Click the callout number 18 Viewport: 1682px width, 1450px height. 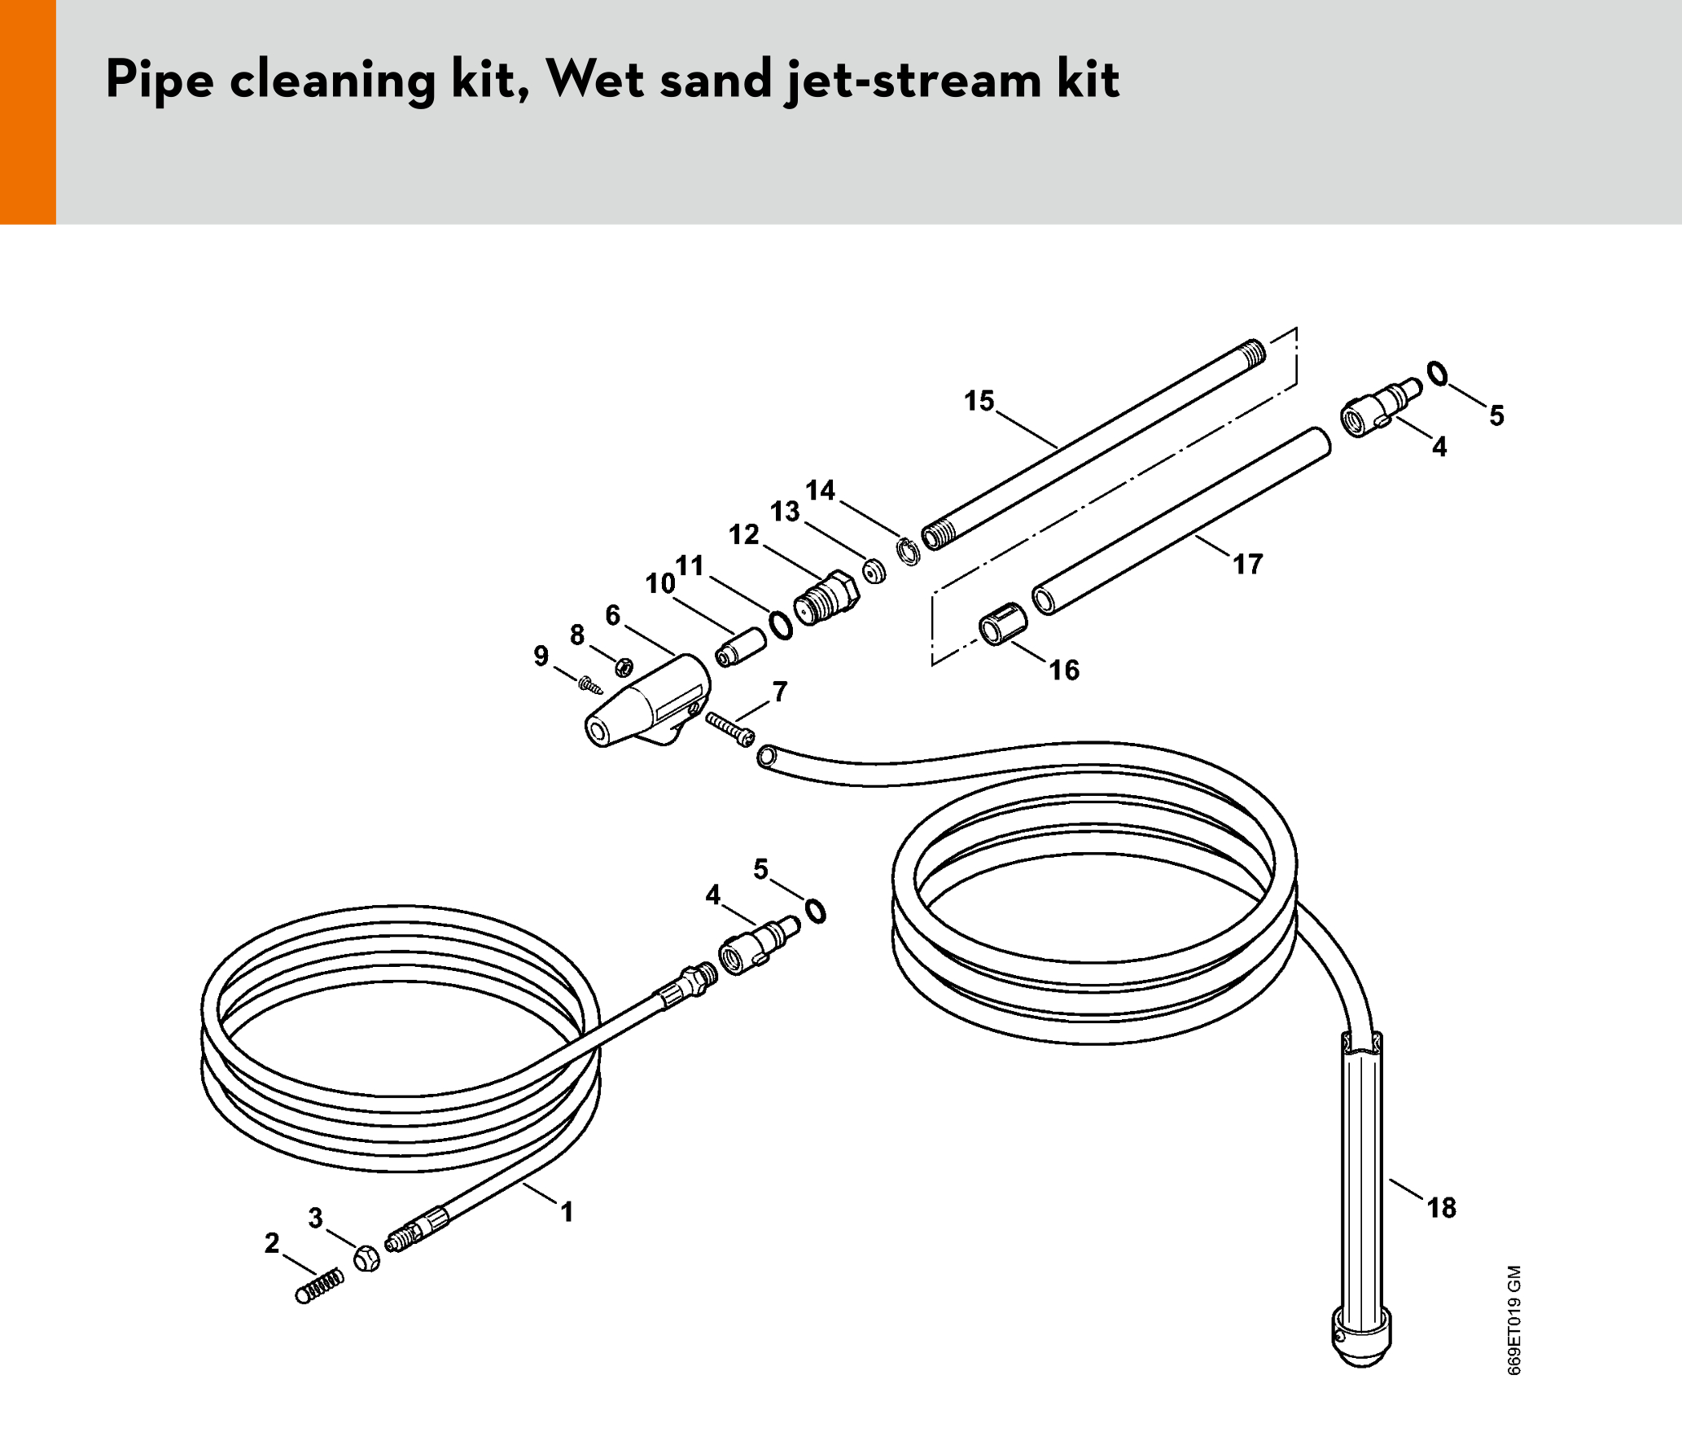pos(1441,1207)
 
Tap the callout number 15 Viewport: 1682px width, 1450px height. pos(979,401)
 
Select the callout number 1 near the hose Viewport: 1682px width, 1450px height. pos(567,1212)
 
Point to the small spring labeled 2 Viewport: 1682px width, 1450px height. pos(319,1286)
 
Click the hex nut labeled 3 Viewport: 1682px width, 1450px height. pos(366,1259)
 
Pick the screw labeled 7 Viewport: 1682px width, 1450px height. pos(730,729)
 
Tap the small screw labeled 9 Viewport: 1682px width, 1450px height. pos(590,684)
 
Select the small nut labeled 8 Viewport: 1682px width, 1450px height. pos(624,666)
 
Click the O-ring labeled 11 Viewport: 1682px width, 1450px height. pos(781,625)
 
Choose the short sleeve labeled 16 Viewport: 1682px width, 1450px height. pos(1002,624)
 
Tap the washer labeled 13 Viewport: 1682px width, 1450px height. pos(874,570)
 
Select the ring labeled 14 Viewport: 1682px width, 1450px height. pos(908,551)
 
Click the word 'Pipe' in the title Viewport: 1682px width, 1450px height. pos(160,81)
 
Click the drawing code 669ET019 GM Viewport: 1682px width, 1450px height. pos(1514,1320)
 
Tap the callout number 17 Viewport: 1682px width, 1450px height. pos(1247,564)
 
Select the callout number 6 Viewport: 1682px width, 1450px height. pos(613,615)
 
